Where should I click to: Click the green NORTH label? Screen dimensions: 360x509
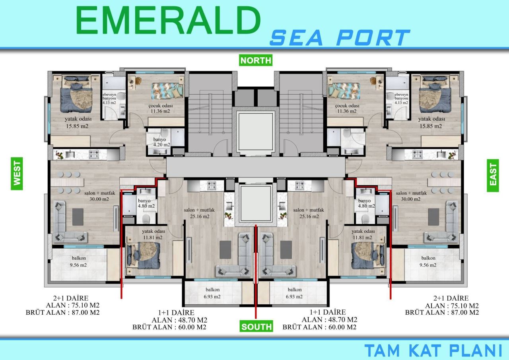[x=256, y=60]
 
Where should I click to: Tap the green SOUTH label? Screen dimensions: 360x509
[x=256, y=327]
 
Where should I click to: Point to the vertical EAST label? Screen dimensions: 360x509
[x=493, y=175]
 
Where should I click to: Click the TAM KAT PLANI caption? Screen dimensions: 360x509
[x=433, y=350]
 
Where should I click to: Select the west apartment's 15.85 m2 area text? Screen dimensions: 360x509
[x=77, y=126]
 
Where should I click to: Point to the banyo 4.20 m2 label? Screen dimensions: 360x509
[x=161, y=142]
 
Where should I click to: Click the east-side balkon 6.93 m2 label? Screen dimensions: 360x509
[x=294, y=293]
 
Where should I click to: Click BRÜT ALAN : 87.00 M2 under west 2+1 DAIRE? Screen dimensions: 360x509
[x=62, y=313]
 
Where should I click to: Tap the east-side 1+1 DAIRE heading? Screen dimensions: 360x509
[x=327, y=313]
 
